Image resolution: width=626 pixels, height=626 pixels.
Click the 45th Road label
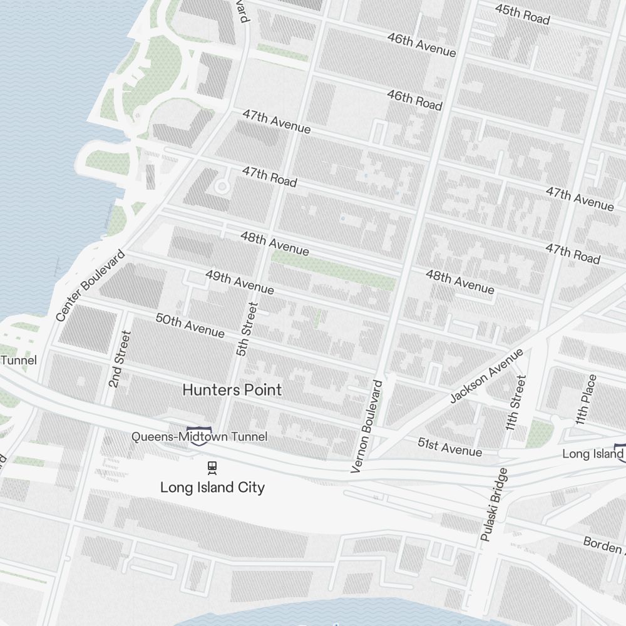522,14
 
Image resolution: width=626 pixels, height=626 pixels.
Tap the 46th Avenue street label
421,44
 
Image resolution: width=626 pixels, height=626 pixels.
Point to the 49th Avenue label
240,282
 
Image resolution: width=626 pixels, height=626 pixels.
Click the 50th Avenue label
190,326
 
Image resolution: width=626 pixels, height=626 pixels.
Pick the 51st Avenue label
449,447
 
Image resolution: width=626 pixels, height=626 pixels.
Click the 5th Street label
247,329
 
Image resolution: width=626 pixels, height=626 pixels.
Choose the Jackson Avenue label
486,376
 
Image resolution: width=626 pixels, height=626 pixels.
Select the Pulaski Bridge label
494,504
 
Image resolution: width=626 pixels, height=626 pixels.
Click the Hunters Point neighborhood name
232,390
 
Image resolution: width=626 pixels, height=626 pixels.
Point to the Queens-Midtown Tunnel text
199,436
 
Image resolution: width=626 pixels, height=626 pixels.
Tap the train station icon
212,466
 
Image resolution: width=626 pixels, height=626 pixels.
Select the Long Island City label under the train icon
212,487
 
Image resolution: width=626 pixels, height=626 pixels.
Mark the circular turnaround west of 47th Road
222,186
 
